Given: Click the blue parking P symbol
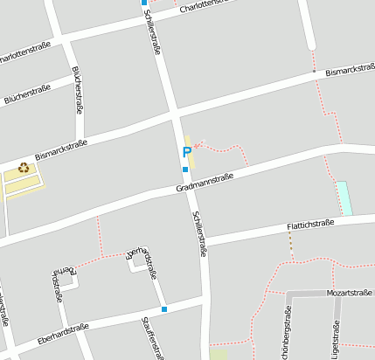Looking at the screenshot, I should [x=186, y=152].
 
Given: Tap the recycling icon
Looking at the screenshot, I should [x=24, y=168].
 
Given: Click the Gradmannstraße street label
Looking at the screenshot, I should [x=205, y=182].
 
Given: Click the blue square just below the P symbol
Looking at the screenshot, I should [x=185, y=170].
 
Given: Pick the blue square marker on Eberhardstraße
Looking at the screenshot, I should [x=164, y=309].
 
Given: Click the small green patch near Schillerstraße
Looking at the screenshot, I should [x=218, y=354].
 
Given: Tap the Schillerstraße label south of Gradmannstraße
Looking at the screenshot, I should [x=199, y=233].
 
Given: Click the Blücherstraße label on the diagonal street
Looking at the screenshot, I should [x=27, y=93].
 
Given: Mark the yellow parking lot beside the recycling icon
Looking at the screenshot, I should [x=23, y=180].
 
